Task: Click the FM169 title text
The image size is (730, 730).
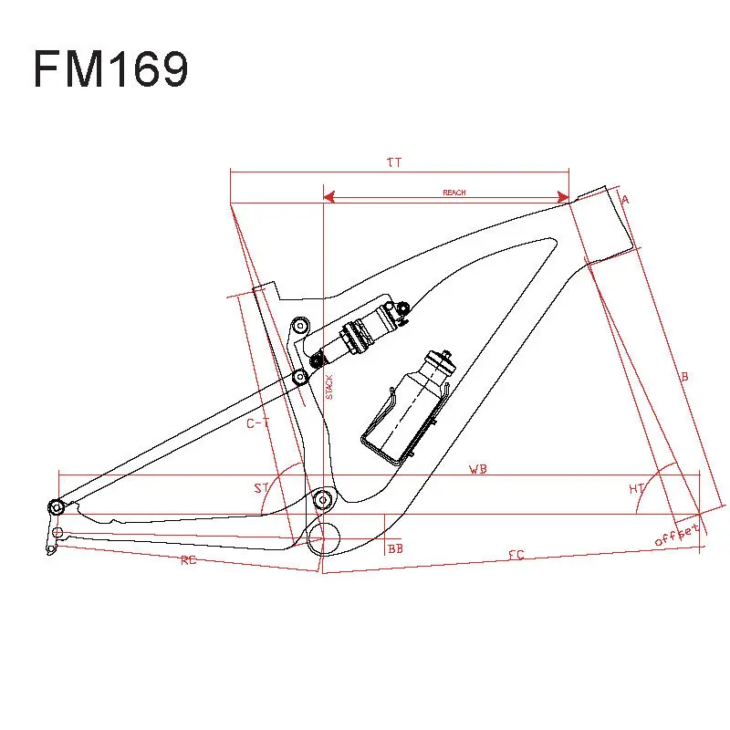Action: pos(110,69)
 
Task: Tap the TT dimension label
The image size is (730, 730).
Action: pos(394,162)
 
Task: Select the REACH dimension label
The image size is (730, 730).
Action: pos(454,193)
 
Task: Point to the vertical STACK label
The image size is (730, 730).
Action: pos(330,387)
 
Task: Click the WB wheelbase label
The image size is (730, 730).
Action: pos(477,469)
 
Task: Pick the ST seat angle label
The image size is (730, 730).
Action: pos(261,488)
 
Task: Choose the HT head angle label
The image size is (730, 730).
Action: pos(637,489)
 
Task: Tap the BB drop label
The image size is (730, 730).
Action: pos(395,548)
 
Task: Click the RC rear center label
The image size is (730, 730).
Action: pos(188,560)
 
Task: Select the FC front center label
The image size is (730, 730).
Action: pos(516,555)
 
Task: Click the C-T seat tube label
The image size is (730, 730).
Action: pos(258,423)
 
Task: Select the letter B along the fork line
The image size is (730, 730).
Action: pos(683,376)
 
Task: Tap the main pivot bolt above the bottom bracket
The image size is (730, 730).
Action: pos(321,499)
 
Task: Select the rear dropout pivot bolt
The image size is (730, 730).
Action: pos(57,506)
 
